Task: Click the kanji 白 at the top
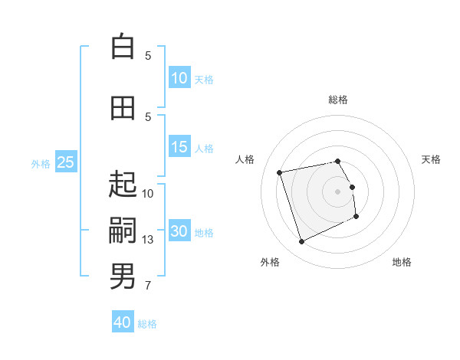click(123, 46)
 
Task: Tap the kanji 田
click(123, 108)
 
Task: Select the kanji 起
click(123, 184)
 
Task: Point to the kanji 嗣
click(123, 230)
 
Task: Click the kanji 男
click(123, 277)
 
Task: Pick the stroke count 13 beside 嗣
click(147, 240)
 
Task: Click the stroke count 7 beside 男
click(148, 286)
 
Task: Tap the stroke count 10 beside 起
click(147, 194)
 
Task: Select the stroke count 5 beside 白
click(148, 56)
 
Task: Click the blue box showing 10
click(180, 77)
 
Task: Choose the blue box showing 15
click(180, 146)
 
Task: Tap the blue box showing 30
click(180, 230)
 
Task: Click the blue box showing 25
click(66, 162)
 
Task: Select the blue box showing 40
click(123, 321)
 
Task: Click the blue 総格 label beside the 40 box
click(147, 324)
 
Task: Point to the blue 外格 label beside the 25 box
click(41, 164)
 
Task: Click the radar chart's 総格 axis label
click(338, 100)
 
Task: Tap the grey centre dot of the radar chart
click(337, 191)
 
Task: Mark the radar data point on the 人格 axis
click(279, 172)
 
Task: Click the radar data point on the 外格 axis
click(301, 241)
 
